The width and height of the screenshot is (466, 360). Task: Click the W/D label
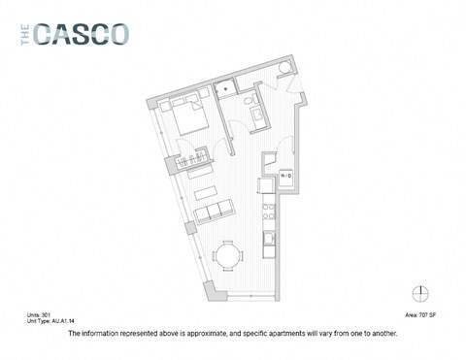tap(287, 178)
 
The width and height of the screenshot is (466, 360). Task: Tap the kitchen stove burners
tap(269, 236)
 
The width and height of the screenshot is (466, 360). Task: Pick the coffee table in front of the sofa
tap(204, 181)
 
